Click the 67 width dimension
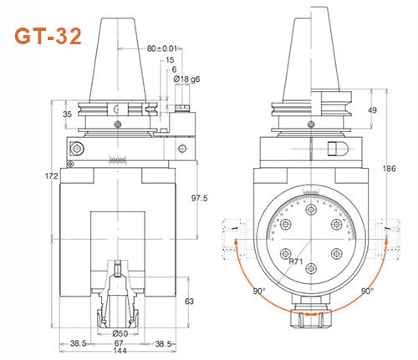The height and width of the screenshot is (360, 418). click(122, 343)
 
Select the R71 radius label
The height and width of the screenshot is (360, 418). click(294, 261)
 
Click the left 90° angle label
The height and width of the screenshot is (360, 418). click(258, 291)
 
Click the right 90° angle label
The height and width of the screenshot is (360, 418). click(368, 291)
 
